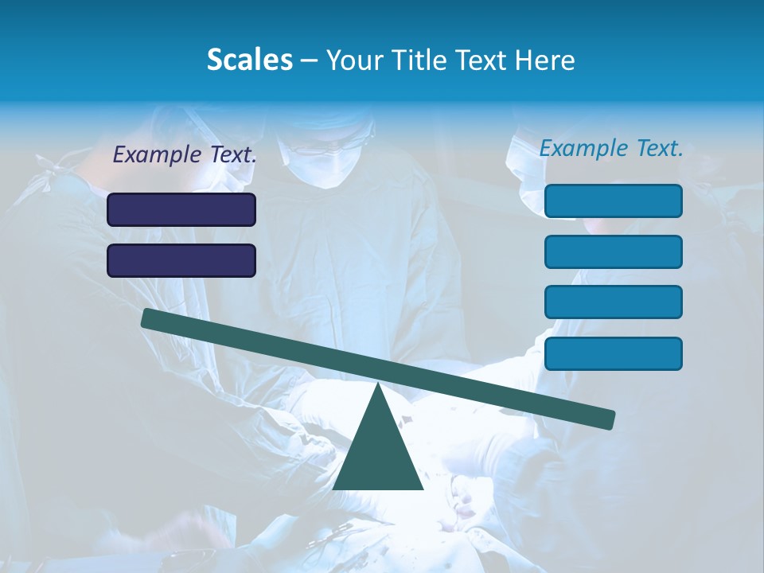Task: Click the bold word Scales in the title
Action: (x=249, y=60)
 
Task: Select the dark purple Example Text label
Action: (x=185, y=155)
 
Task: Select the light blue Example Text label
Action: (x=611, y=148)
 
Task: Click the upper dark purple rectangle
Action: (x=181, y=209)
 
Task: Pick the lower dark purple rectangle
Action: (x=181, y=260)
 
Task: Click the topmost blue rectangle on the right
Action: (x=613, y=201)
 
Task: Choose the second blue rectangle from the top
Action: (x=613, y=251)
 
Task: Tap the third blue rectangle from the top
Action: (x=613, y=302)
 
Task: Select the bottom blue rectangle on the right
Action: (x=613, y=353)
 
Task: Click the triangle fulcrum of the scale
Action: (x=378, y=450)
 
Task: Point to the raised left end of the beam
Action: (x=149, y=318)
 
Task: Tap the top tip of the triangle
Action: (x=378, y=385)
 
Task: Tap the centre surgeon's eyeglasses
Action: (x=322, y=148)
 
